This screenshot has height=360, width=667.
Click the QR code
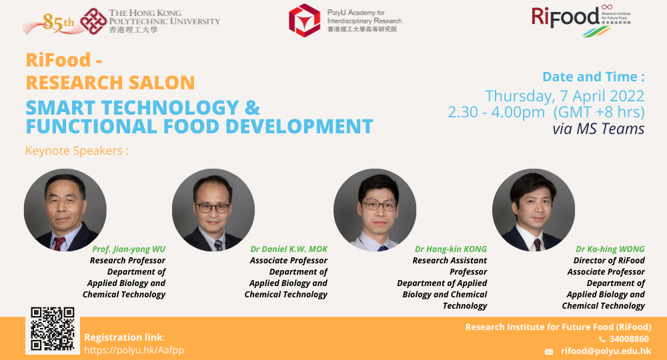tap(52, 329)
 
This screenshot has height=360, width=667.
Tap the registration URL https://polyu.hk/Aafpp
tap(134, 350)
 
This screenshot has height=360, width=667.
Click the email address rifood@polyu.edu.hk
tap(606, 351)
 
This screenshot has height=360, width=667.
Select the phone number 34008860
tap(629, 339)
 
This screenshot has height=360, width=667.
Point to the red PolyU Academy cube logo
tap(304, 20)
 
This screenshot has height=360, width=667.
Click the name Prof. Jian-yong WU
tap(129, 249)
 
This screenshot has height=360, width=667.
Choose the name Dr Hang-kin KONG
tap(451, 249)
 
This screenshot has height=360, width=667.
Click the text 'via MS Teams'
tap(598, 129)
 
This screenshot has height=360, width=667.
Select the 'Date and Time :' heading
tap(594, 76)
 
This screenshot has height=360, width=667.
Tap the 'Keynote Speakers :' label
tap(77, 151)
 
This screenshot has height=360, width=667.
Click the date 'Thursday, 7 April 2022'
tap(564, 95)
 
